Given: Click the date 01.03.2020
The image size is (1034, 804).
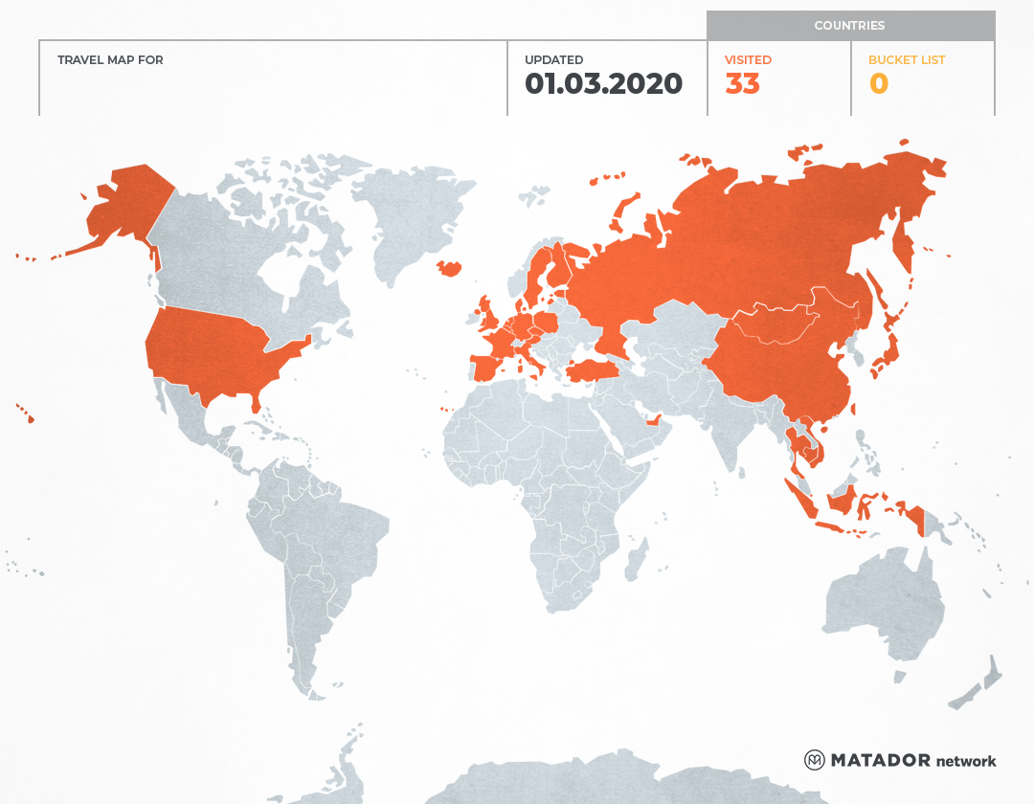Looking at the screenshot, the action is tap(603, 84).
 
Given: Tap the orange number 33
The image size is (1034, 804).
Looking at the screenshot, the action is tap(742, 84).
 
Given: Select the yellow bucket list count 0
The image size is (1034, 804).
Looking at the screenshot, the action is tap(878, 84).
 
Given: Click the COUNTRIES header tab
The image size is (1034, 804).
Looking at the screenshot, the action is tap(849, 26).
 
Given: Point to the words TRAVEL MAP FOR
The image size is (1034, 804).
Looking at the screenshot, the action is tap(110, 60).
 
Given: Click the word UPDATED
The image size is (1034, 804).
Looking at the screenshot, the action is tap(553, 60).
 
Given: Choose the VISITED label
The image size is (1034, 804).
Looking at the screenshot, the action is tap(748, 60).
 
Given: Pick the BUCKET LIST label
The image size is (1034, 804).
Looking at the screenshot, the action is tap(906, 60).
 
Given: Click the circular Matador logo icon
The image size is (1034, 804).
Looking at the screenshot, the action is tap(815, 760).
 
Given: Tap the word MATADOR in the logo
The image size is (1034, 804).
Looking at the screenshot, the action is tap(880, 760).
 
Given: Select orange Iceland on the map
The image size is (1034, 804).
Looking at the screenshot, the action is tap(449, 269).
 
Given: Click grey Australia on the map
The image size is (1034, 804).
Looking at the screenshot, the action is tap(876, 603).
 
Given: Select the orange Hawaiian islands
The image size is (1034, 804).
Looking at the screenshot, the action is tap(28, 416).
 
